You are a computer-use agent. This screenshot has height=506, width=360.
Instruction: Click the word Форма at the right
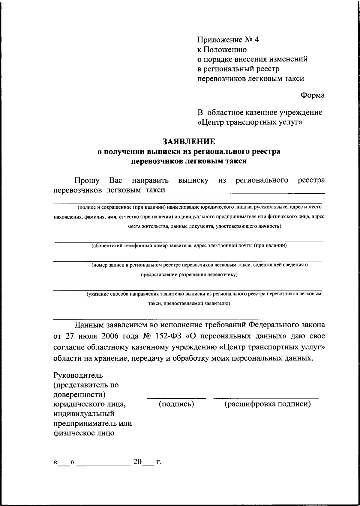coord(312,95)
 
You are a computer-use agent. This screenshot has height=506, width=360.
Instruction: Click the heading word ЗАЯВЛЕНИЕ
coord(189,141)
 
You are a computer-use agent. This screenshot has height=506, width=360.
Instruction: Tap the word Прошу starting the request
coord(87,180)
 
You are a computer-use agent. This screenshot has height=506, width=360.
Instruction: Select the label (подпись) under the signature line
coord(176,404)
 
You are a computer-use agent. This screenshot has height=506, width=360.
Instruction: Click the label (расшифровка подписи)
coord(268,404)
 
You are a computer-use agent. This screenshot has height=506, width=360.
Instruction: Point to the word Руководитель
coord(78,375)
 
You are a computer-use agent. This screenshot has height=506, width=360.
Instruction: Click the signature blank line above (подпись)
coord(176,398)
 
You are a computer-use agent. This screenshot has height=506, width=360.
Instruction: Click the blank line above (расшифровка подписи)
coord(266,398)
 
